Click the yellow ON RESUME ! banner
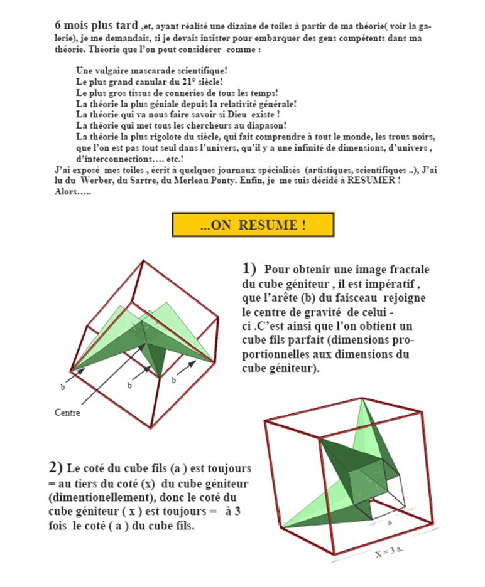click(x=253, y=226)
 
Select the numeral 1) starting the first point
click(x=249, y=269)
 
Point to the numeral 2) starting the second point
click(x=56, y=467)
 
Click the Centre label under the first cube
click(x=68, y=413)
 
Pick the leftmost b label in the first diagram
click(x=62, y=388)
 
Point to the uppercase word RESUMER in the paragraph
click(x=372, y=181)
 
